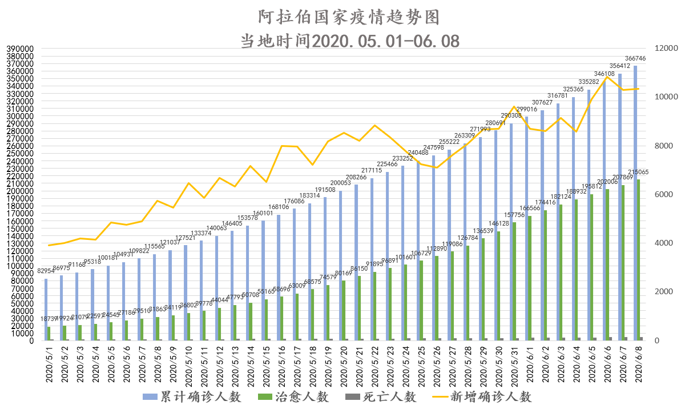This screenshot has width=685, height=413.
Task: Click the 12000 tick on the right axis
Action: click(x=660, y=49)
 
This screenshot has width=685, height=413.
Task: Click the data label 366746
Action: click(x=635, y=59)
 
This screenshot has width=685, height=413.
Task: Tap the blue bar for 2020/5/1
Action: click(x=46, y=309)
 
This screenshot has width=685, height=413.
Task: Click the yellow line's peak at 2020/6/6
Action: click(x=607, y=77)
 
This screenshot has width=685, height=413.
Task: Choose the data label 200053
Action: click(x=341, y=183)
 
